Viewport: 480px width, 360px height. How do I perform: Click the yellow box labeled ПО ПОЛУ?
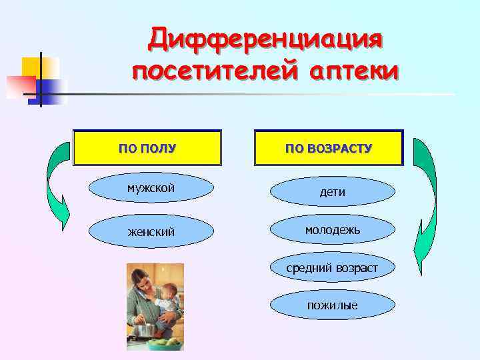click(x=147, y=147)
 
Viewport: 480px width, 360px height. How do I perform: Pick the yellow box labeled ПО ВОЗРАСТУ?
click(x=329, y=147)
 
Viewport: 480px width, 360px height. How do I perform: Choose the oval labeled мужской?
click(x=151, y=189)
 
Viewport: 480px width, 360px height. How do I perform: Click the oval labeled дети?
click(x=332, y=192)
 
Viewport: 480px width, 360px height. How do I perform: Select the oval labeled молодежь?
click(x=332, y=230)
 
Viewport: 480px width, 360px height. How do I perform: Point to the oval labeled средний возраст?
click(x=332, y=268)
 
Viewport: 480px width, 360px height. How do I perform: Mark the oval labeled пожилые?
click(x=332, y=305)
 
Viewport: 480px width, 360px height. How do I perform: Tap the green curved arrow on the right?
click(x=425, y=200)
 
